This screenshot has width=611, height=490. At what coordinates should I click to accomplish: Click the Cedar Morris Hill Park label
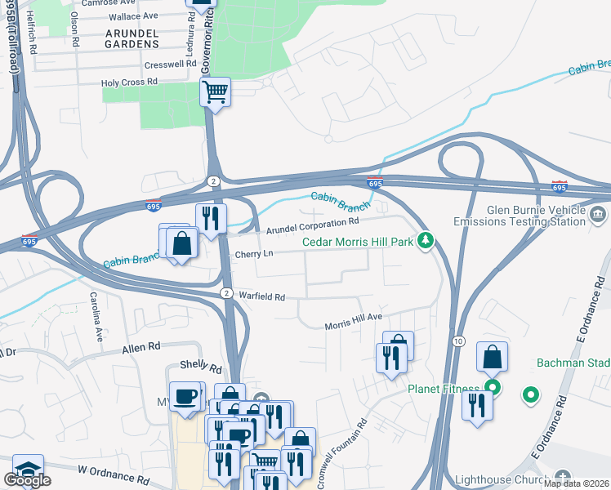[358, 241]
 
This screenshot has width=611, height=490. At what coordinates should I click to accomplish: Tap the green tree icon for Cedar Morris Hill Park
[425, 240]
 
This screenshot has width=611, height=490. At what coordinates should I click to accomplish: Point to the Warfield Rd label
[261, 296]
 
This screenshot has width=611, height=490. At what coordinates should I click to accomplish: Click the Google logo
[27, 480]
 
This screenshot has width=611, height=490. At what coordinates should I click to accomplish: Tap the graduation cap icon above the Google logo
[28, 469]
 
